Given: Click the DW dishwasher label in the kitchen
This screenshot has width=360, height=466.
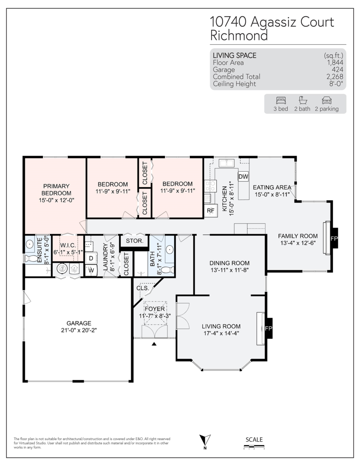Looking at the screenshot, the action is pyautogui.click(x=243, y=176).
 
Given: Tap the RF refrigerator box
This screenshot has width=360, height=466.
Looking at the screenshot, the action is pyautogui.click(x=210, y=210).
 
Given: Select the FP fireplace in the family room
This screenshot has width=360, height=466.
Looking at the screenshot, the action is pyautogui.click(x=334, y=238).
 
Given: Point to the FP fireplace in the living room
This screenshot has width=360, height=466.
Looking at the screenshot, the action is pyautogui.click(x=268, y=328).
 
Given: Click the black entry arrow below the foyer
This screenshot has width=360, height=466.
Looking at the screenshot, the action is pyautogui.click(x=154, y=344).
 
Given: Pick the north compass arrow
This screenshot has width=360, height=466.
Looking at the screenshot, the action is pyautogui.click(x=205, y=440).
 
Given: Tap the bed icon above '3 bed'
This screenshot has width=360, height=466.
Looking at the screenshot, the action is pyautogui.click(x=281, y=100).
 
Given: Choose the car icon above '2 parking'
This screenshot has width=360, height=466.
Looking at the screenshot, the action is pyautogui.click(x=327, y=100).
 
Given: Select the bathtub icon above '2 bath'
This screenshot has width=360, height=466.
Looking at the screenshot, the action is pyautogui.click(x=303, y=100).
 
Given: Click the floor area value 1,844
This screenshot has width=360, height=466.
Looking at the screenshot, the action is pyautogui.click(x=335, y=63).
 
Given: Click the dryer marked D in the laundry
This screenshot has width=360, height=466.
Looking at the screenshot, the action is pyautogui.click(x=91, y=258).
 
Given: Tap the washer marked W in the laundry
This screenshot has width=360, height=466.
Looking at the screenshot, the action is pyautogui.click(x=91, y=270).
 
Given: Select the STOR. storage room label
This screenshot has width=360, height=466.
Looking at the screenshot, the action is pyautogui.click(x=134, y=241).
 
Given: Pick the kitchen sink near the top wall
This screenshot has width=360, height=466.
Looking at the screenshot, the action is pyautogui.click(x=226, y=163).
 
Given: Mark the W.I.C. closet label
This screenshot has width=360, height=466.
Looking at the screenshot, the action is pyautogui.click(x=68, y=245).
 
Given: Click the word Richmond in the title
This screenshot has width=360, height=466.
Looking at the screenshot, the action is pyautogui.click(x=239, y=35).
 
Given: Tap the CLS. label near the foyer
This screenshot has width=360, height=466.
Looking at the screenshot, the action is pyautogui.click(x=143, y=288).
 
